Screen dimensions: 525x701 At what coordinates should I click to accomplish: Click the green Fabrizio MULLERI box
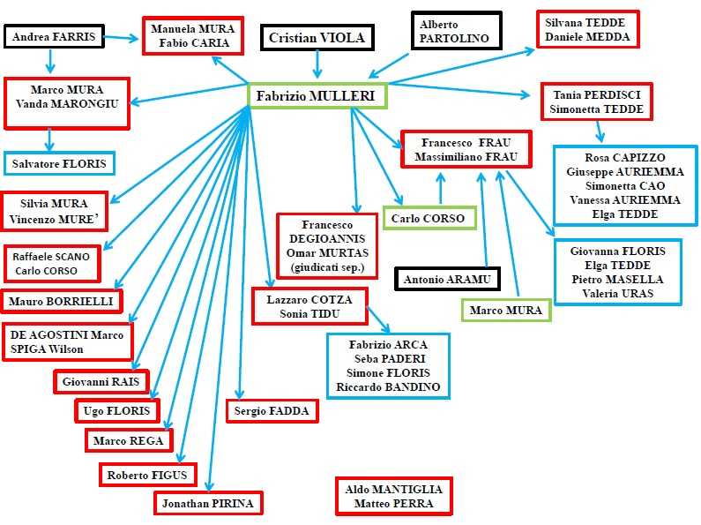317,95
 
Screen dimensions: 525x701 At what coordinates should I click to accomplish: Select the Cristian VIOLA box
317,38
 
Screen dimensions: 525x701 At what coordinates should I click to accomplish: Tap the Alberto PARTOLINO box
455,32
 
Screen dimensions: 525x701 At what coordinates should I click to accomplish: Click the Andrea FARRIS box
53,37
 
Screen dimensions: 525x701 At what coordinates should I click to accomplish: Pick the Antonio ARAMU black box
447,280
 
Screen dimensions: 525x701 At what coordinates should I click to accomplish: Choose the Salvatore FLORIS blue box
59,164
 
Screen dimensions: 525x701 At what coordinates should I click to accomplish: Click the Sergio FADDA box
272,411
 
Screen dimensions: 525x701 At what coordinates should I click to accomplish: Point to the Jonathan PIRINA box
208,504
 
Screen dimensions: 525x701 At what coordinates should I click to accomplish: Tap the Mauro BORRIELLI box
62,301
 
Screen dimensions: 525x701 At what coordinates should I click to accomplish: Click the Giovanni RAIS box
101,382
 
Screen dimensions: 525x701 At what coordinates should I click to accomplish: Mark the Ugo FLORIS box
117,411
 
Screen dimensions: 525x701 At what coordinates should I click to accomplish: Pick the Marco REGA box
129,439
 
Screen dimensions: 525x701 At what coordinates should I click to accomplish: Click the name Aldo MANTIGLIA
394,489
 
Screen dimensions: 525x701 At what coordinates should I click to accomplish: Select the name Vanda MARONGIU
67,103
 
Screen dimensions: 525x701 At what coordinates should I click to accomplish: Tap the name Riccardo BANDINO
388,386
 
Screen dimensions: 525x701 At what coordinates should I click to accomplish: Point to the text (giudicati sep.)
327,267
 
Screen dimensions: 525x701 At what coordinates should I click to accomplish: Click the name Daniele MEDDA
587,36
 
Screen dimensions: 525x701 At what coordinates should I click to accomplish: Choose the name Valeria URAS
618,293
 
